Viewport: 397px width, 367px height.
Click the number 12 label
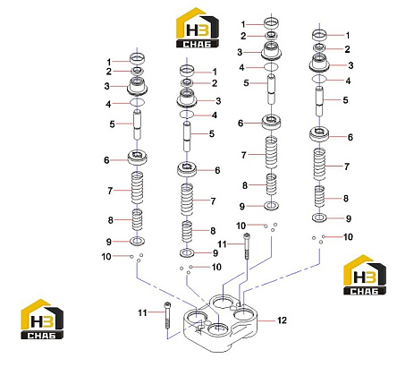tap(282, 320)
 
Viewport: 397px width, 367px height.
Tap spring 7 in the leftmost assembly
tap(138, 188)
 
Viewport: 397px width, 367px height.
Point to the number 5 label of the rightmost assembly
tap(345, 99)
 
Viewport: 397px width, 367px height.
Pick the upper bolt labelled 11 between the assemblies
tap(247, 246)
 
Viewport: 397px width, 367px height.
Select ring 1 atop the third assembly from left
tap(272, 22)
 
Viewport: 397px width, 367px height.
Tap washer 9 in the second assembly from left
tap(187, 253)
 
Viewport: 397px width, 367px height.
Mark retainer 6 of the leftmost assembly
tap(138, 157)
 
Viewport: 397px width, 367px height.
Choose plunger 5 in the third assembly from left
tap(271, 89)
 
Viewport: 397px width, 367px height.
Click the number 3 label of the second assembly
tap(218, 101)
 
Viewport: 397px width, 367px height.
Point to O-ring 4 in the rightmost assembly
tap(319, 79)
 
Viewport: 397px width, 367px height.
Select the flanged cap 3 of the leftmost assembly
tap(138, 86)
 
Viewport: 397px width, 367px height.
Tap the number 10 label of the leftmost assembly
tap(106, 256)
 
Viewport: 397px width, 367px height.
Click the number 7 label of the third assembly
tap(244, 155)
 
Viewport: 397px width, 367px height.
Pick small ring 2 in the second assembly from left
tap(187, 82)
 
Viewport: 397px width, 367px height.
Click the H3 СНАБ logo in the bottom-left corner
tap(42, 319)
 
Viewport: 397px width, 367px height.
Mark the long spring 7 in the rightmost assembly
tap(319, 165)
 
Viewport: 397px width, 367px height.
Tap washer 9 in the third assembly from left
tap(272, 206)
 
